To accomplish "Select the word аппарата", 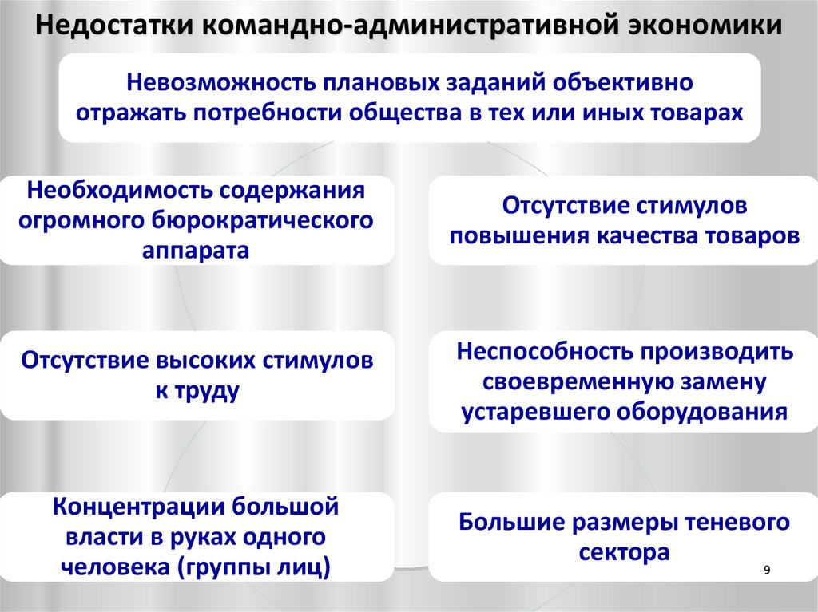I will click(x=197, y=249).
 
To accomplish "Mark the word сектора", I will click(x=624, y=552).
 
